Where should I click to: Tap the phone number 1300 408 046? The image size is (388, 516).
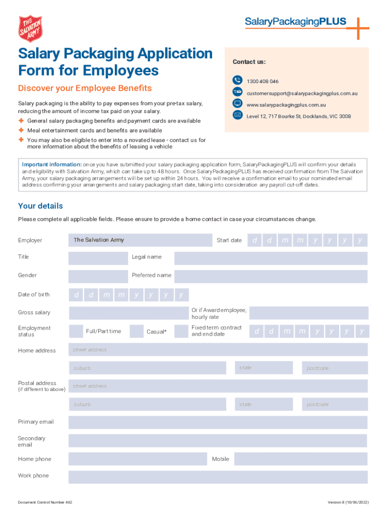[262, 81]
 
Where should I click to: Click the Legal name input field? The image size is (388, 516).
[271, 259]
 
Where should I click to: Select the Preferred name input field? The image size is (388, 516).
[271, 276]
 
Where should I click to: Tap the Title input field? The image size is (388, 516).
[98, 258]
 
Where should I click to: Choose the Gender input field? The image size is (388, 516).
[98, 276]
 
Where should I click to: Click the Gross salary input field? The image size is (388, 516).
[128, 313]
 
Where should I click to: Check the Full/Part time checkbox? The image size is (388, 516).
[76, 331]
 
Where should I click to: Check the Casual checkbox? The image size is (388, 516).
[137, 331]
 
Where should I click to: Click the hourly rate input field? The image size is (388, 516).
[308, 313]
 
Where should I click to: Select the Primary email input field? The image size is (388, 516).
[218, 422]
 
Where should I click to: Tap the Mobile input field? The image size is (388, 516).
[300, 459]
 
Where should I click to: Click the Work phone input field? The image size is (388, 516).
[218, 477]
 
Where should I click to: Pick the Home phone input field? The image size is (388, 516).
[137, 459]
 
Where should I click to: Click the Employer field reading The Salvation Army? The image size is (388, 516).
[140, 240]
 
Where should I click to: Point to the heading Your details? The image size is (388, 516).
[40, 206]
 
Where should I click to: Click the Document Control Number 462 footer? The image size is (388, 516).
[45, 502]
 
